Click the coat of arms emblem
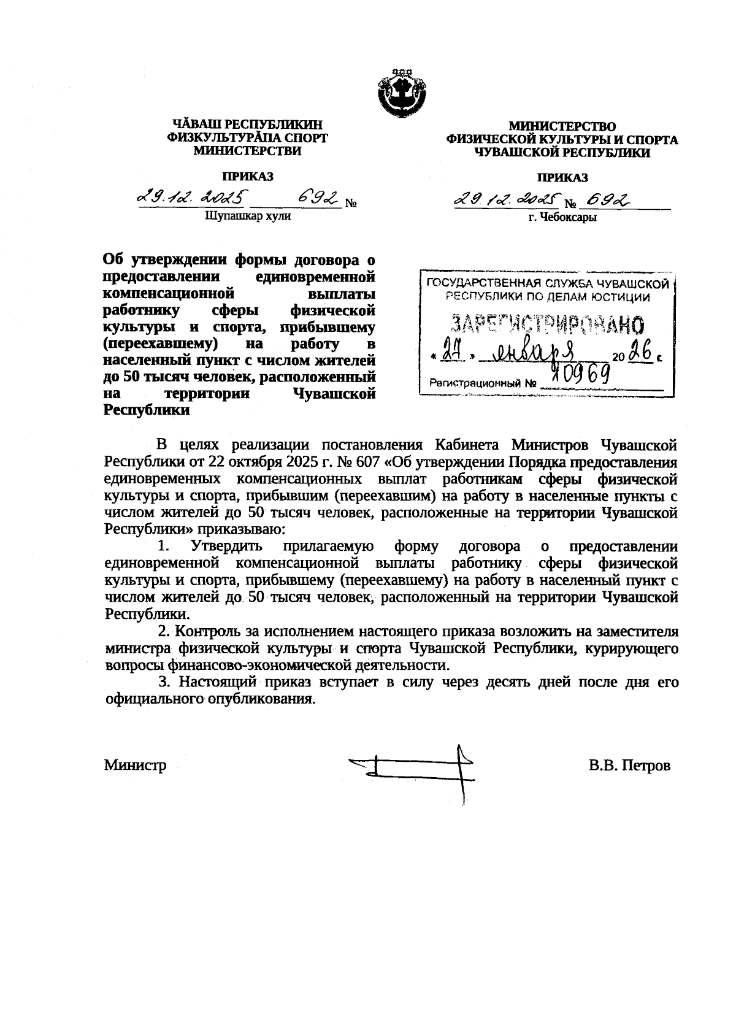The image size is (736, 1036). click(x=401, y=96)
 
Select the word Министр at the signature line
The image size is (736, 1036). click(x=135, y=765)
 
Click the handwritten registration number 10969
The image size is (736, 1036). click(x=580, y=372)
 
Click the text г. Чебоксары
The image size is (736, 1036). click(x=562, y=217)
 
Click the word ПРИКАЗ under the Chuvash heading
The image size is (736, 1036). click(x=248, y=177)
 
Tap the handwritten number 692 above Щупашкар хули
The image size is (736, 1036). click(x=317, y=199)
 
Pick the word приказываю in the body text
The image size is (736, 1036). click(x=248, y=528)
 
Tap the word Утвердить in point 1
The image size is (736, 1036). click(x=226, y=546)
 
